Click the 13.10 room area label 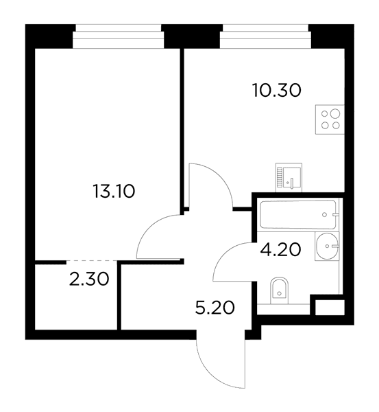(114, 191)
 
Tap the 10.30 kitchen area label (277, 90)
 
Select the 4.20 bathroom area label (280, 249)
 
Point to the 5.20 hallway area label (215, 308)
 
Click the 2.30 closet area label (89, 279)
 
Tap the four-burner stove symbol (330, 119)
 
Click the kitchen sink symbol (289, 177)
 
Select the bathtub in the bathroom (298, 215)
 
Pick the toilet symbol (279, 288)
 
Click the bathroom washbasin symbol (327, 247)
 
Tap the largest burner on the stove (335, 113)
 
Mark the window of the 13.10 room (119, 36)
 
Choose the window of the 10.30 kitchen (265, 36)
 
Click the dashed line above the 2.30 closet (92, 261)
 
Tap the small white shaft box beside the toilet (330, 308)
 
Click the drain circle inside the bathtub (324, 215)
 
